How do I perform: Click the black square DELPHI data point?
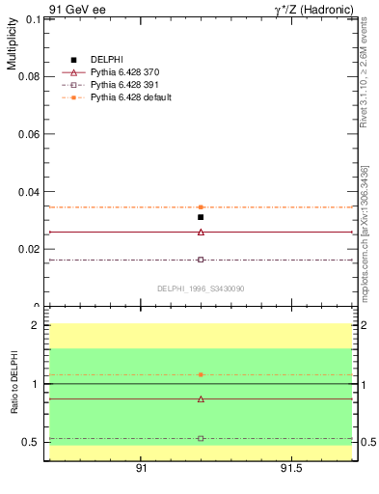[201, 217]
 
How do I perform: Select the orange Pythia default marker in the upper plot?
[201, 206]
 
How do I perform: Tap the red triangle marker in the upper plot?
[201, 232]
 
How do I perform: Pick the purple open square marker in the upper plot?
[201, 260]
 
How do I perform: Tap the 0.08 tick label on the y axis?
[29, 75]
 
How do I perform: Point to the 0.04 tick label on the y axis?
[29, 191]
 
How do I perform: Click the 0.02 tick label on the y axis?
[29, 249]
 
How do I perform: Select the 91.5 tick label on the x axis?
[291, 468]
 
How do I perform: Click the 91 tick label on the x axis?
[141, 468]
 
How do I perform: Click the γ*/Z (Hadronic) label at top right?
[312, 9]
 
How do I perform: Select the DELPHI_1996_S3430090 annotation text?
[201, 288]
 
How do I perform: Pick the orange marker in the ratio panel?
[201, 374]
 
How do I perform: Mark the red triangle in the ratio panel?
[201, 398]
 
